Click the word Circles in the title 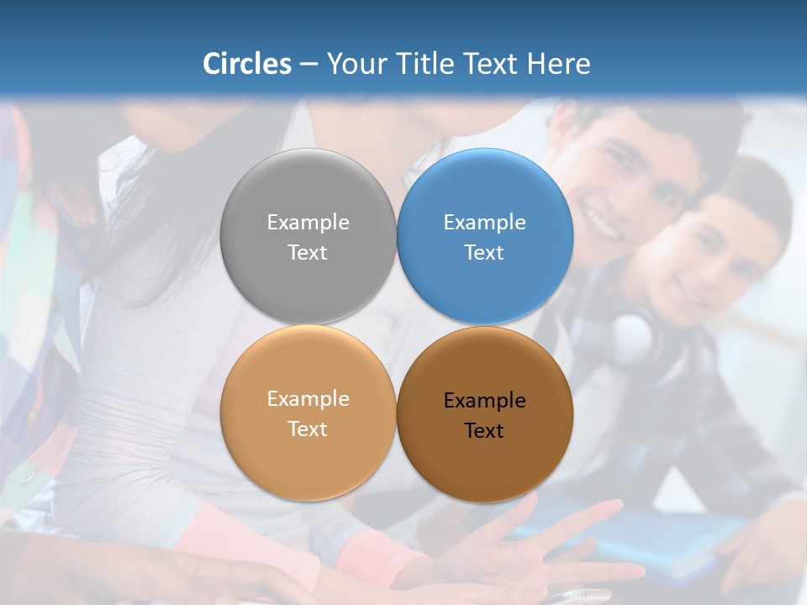click(247, 64)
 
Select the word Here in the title click(559, 64)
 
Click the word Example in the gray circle click(308, 222)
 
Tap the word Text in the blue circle click(484, 252)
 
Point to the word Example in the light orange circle click(308, 398)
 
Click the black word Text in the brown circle click(484, 430)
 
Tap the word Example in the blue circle click(484, 222)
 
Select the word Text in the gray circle click(308, 252)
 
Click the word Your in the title click(355, 64)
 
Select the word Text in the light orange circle click(308, 429)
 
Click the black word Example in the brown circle click(484, 401)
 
